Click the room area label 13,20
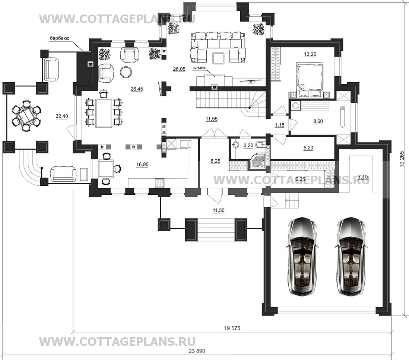pos(310,54)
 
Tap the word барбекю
pos(60,39)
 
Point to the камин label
pos(199,68)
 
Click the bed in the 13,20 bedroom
pos(310,79)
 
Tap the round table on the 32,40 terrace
pos(26,117)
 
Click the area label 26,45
pos(137,89)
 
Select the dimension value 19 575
pos(232,328)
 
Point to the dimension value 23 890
pos(197,351)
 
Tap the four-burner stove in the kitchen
pos(160,183)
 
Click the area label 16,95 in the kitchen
pos(142,164)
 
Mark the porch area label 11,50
pos(219,210)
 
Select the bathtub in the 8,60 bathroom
pos(342,117)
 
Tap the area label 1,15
pos(279,125)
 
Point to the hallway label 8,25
pos(215,161)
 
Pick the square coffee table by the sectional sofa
pos(218,58)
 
